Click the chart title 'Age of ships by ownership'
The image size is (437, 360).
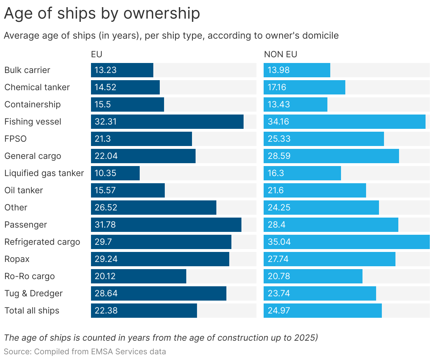click(102, 14)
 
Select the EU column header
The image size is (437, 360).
click(96, 54)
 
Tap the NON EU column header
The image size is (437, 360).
click(280, 54)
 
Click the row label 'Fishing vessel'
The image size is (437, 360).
click(33, 122)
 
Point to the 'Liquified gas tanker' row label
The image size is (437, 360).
click(44, 173)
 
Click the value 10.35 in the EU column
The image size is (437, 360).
click(105, 173)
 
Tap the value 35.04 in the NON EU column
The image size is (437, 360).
click(279, 242)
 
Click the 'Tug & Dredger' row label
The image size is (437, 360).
click(33, 293)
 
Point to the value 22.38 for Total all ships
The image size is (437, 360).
click(106, 311)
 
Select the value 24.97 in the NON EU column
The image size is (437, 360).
click(279, 311)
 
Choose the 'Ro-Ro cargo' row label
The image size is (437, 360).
click(29, 276)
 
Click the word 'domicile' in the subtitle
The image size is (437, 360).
click(321, 36)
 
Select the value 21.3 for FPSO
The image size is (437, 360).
click(102, 139)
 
